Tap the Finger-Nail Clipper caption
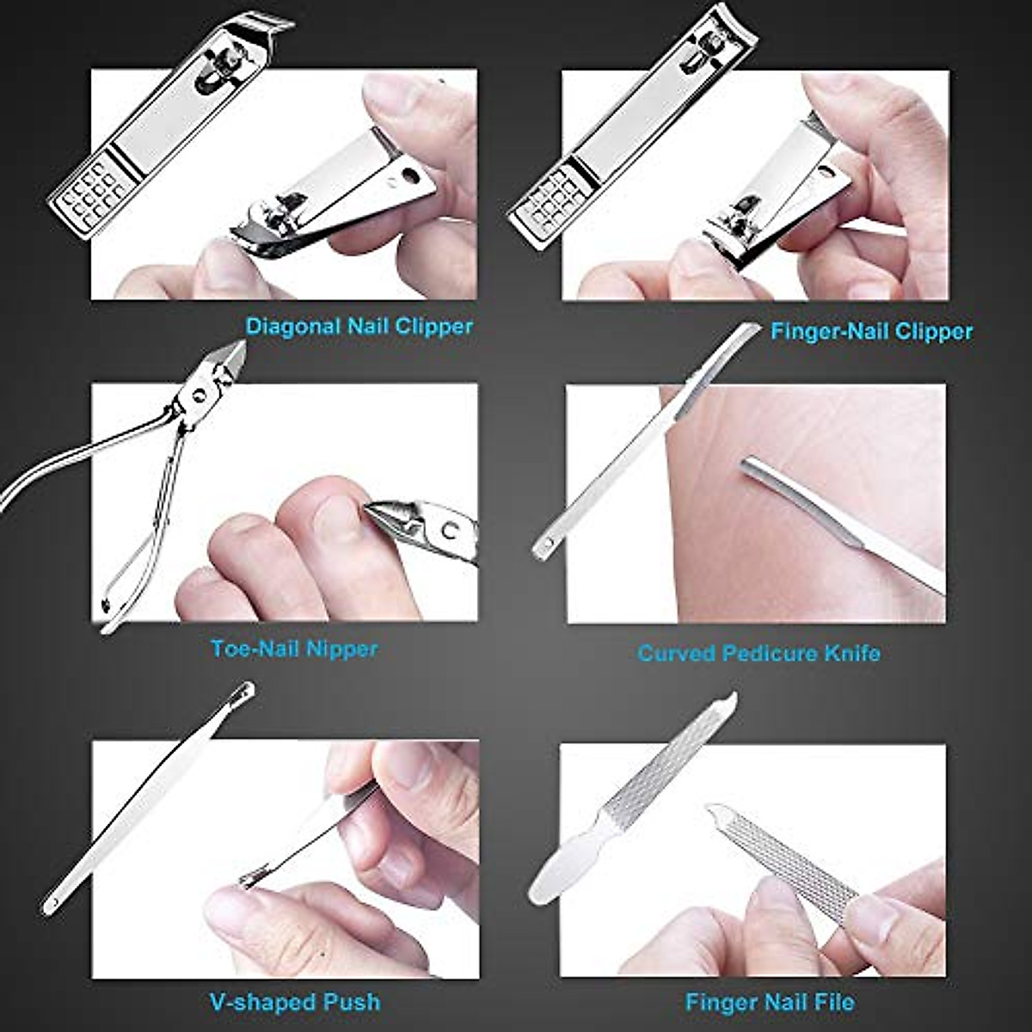[x=871, y=331]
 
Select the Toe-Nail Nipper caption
[x=294, y=648]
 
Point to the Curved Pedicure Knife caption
[x=759, y=653]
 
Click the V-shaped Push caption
[x=294, y=1002]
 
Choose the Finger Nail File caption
[x=770, y=1002]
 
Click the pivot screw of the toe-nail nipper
[x=200, y=394]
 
